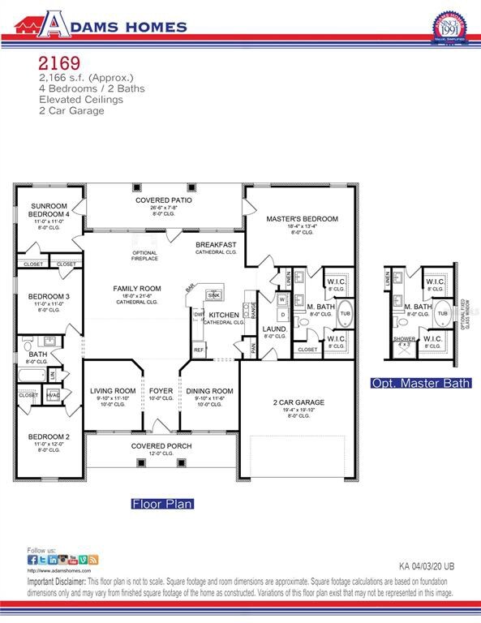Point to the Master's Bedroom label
click(x=302, y=219)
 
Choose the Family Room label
click(x=136, y=288)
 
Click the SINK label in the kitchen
click(x=214, y=295)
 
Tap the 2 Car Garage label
click(x=298, y=402)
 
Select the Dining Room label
click(x=209, y=391)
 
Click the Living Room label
click(x=113, y=391)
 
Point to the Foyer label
click(x=161, y=391)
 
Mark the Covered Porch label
click(x=161, y=446)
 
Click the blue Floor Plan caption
click(x=162, y=504)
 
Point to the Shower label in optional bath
click(x=403, y=339)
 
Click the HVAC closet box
click(x=54, y=395)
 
